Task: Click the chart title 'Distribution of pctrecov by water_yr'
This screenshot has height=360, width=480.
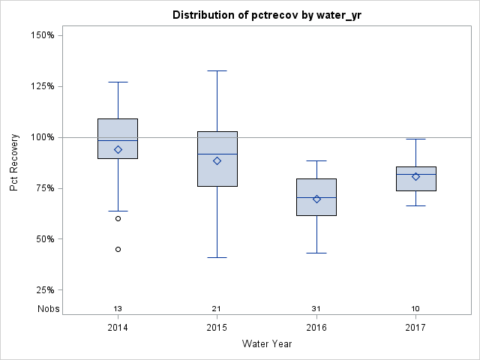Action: [x=267, y=15]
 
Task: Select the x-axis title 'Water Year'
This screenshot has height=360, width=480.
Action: [x=267, y=344]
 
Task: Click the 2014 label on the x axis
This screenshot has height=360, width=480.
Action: [x=118, y=328]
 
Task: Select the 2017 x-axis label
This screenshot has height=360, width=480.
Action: [x=415, y=328]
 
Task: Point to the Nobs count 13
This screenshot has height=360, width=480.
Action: [x=118, y=309]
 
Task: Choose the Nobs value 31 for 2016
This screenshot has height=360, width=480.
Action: [x=316, y=309]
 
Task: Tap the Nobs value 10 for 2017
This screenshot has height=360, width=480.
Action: [x=415, y=309]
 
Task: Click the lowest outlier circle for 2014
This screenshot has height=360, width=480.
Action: [x=118, y=249]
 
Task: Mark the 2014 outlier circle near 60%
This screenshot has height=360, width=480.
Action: [x=118, y=218]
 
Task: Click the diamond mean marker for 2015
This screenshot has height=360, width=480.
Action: [x=217, y=160]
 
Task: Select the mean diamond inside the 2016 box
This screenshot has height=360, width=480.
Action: [x=316, y=199]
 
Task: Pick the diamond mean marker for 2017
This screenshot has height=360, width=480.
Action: [x=415, y=176]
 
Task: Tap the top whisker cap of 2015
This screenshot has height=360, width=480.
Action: [x=217, y=70]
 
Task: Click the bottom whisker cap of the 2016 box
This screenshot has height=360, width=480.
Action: [x=316, y=253]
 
